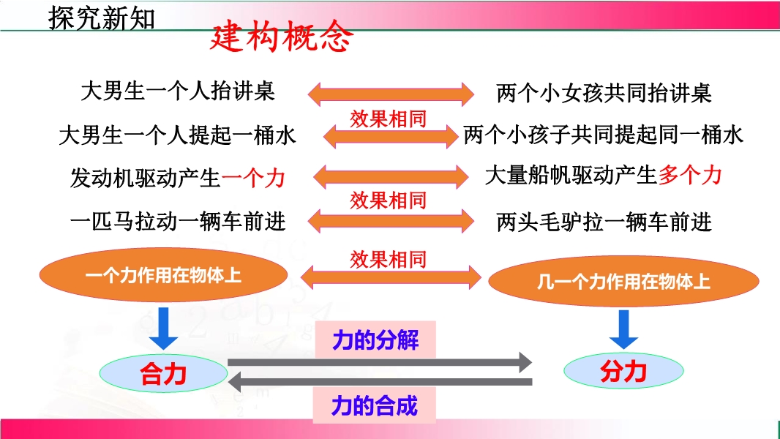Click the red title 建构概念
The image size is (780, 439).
[x=281, y=37]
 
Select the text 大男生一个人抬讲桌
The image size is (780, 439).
[x=177, y=91]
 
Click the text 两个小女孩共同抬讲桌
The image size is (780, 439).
[x=604, y=93]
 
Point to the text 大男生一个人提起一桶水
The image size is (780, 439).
[x=177, y=135]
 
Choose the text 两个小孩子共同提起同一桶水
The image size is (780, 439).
[x=604, y=135]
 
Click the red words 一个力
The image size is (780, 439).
[x=253, y=178]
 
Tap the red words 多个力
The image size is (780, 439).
[x=690, y=175]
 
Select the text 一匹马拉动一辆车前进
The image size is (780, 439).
[x=177, y=220]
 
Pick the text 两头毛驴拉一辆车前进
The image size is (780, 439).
[x=604, y=221]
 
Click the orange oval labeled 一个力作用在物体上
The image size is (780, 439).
[x=163, y=275]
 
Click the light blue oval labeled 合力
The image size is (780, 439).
[x=164, y=374]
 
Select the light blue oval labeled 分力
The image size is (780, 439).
[x=623, y=372]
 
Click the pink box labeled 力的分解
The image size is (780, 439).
[x=375, y=340]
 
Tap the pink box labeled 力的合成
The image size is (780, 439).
[x=375, y=405]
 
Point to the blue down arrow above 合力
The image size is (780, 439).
[x=163, y=328]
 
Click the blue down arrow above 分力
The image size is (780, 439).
[x=624, y=329]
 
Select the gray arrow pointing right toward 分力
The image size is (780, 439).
[x=380, y=361]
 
